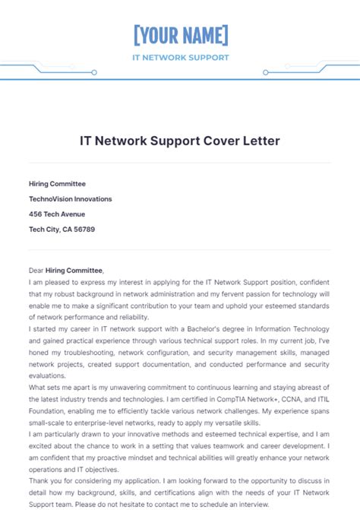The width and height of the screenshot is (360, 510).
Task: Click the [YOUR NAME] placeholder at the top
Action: click(180, 36)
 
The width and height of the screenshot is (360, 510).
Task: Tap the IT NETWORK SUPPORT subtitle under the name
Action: click(180, 57)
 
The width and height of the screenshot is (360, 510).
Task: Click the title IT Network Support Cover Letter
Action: click(180, 141)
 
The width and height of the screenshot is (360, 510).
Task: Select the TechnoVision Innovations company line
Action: click(70, 199)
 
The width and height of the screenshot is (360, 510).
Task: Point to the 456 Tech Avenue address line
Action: click(57, 214)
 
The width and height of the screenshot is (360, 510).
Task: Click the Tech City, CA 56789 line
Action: click(62, 230)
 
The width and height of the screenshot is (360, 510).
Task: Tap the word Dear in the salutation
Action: click(36, 271)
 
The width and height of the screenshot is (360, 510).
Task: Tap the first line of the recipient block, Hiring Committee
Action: click(57, 184)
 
